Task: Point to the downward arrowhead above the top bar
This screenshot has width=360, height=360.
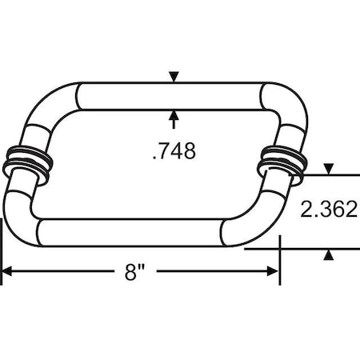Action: pos(174,77)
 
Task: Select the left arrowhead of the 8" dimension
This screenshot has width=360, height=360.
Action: pos(6,272)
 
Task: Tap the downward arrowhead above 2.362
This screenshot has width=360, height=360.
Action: pos(327,169)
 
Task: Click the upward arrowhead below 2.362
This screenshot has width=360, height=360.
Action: pos(327,254)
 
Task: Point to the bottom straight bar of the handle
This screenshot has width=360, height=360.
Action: pos(132,231)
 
